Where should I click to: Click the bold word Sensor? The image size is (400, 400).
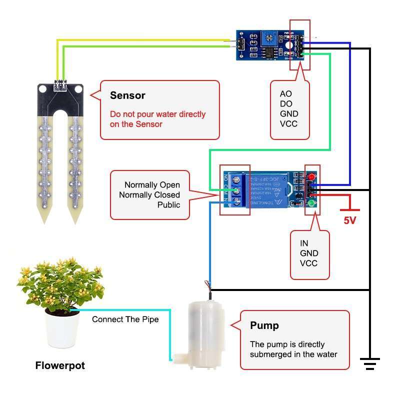127,95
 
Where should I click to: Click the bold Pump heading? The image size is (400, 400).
264,325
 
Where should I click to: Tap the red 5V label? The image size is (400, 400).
349,220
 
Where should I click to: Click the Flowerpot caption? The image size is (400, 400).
60,365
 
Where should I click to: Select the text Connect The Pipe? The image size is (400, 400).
125,319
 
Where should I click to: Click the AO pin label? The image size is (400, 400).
285,94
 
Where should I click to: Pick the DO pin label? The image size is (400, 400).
285,104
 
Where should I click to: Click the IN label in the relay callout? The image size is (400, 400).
304,243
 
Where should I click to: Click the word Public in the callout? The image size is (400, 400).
168,205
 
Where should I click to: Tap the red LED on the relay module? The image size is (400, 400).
311,177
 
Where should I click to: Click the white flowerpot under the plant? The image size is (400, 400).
62,330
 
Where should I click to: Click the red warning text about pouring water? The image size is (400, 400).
157,119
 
